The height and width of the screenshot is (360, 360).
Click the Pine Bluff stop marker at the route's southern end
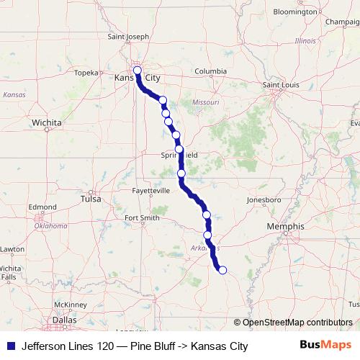[x=222, y=270]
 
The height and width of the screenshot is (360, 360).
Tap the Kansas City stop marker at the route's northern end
[x=137, y=71]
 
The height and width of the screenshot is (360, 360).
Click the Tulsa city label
[x=91, y=199]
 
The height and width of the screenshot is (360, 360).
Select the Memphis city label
[x=285, y=226]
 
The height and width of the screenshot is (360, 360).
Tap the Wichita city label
[x=46, y=123]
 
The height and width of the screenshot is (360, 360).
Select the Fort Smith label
[x=141, y=217]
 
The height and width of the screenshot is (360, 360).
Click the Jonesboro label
[x=263, y=199]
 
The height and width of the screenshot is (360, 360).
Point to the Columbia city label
[x=210, y=71]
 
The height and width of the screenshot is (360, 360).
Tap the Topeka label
[x=85, y=72]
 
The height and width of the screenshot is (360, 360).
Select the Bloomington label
[x=294, y=12]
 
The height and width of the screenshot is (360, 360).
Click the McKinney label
[x=70, y=305]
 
